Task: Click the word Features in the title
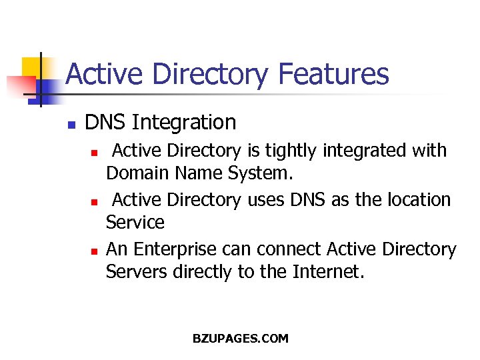click(x=334, y=74)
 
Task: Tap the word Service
click(x=135, y=222)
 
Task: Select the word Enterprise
click(x=175, y=249)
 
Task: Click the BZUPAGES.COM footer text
click(x=241, y=339)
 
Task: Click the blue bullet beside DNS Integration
click(x=71, y=124)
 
